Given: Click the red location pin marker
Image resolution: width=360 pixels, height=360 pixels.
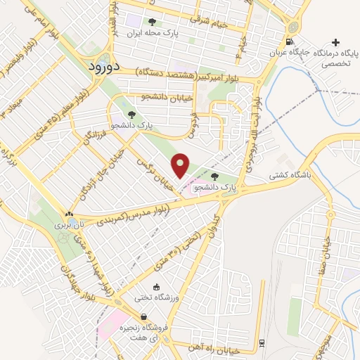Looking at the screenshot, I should click(181, 165).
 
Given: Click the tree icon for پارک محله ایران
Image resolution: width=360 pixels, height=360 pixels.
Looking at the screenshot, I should click(153, 22).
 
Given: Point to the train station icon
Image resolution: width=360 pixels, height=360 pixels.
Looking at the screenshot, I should click(262, 342).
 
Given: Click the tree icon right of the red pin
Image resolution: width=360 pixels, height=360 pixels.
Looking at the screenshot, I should click(214, 177).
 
